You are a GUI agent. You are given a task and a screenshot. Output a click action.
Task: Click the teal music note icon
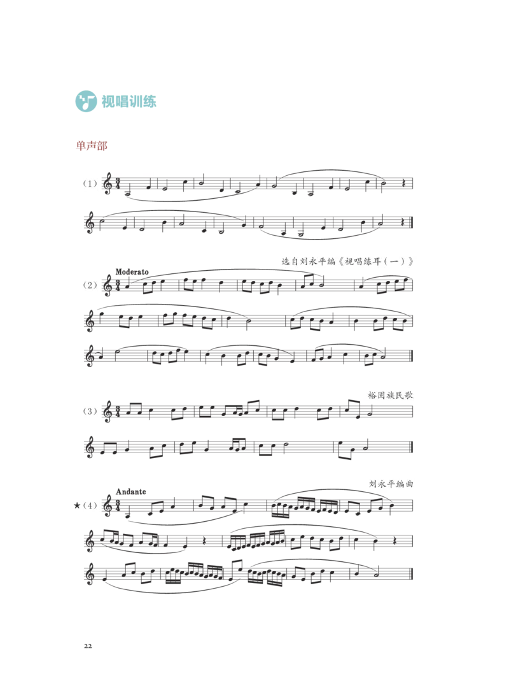click(86, 101)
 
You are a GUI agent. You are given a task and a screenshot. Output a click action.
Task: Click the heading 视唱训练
click(129, 101)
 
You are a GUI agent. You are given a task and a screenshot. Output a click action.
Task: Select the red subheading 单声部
click(92, 146)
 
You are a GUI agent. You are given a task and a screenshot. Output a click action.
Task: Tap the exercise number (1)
click(90, 183)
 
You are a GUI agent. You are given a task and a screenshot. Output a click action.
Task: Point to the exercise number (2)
click(90, 285)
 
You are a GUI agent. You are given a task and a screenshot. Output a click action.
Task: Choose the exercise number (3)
click(90, 411)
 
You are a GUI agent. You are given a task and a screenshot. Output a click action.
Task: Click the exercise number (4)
click(90, 505)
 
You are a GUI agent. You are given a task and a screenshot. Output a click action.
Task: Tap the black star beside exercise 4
click(77, 505)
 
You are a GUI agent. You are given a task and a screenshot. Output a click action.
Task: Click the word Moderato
click(132, 271)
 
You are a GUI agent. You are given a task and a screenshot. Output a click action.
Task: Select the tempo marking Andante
click(130, 492)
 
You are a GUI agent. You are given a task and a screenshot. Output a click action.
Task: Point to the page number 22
click(88, 646)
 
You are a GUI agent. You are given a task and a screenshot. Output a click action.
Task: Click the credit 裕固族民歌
click(391, 395)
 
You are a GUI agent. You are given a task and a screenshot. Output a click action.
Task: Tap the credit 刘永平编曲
click(391, 484)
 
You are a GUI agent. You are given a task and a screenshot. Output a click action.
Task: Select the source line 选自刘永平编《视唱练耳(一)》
click(347, 261)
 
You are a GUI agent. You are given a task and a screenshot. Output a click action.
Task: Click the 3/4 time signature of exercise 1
click(118, 183)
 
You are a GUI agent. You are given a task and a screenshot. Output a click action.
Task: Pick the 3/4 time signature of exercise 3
click(118, 411)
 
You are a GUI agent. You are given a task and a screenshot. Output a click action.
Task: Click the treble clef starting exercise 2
click(107, 285)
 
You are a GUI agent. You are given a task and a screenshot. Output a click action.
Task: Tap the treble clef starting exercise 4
click(107, 506)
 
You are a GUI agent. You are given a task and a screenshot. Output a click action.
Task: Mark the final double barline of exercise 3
click(412, 447)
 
